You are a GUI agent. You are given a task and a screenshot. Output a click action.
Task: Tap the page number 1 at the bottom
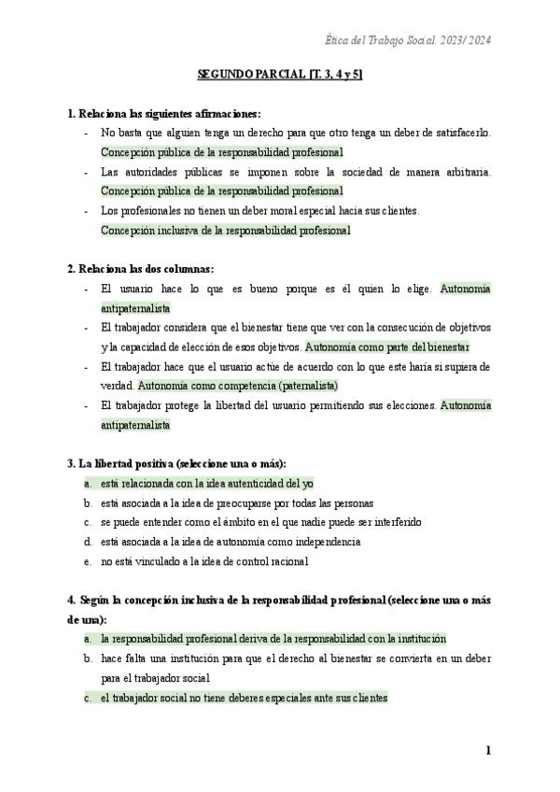488,750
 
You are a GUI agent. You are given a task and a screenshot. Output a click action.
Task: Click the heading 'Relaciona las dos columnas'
141,268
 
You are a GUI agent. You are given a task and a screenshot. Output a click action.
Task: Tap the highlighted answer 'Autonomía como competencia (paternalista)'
238,385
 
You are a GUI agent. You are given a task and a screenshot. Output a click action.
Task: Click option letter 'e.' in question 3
87,561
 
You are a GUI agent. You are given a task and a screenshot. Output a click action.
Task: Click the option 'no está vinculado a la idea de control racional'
204,561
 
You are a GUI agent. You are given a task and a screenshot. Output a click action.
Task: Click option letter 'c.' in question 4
87,698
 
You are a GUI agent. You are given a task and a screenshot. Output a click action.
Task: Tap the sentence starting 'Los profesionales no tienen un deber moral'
260,210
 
